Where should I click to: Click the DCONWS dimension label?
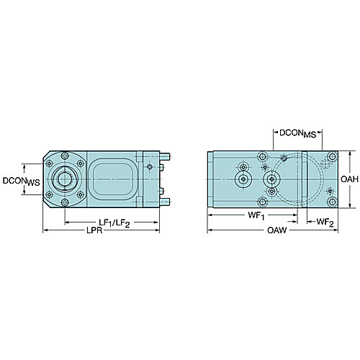pos(21,181)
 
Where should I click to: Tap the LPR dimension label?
pos(94,230)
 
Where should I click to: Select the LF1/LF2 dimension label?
pos(114,223)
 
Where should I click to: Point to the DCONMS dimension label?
pos(298,134)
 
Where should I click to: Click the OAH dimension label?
pos(349,179)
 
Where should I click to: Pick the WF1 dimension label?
pos(256,216)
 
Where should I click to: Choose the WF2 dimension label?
pos(325,222)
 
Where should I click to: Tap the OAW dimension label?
pos(276,230)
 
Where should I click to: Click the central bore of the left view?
pos(65,179)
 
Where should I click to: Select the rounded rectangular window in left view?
pos(112,179)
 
